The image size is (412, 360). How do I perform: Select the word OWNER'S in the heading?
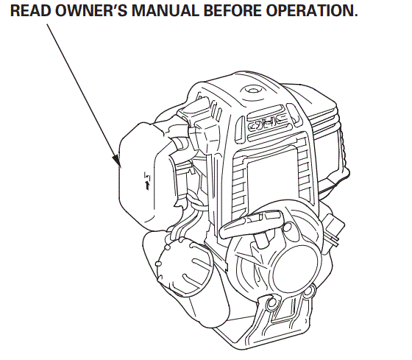(84, 13)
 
